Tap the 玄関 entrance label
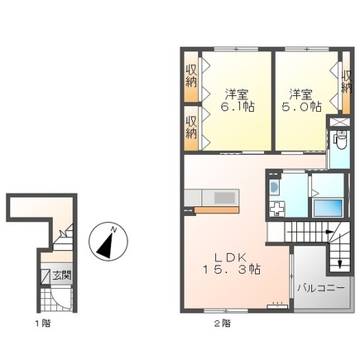[60, 276]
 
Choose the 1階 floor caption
[41, 321]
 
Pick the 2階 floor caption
[222, 321]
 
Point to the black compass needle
[105, 242]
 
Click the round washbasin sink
[274, 188]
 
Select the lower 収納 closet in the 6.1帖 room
[191, 127]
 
